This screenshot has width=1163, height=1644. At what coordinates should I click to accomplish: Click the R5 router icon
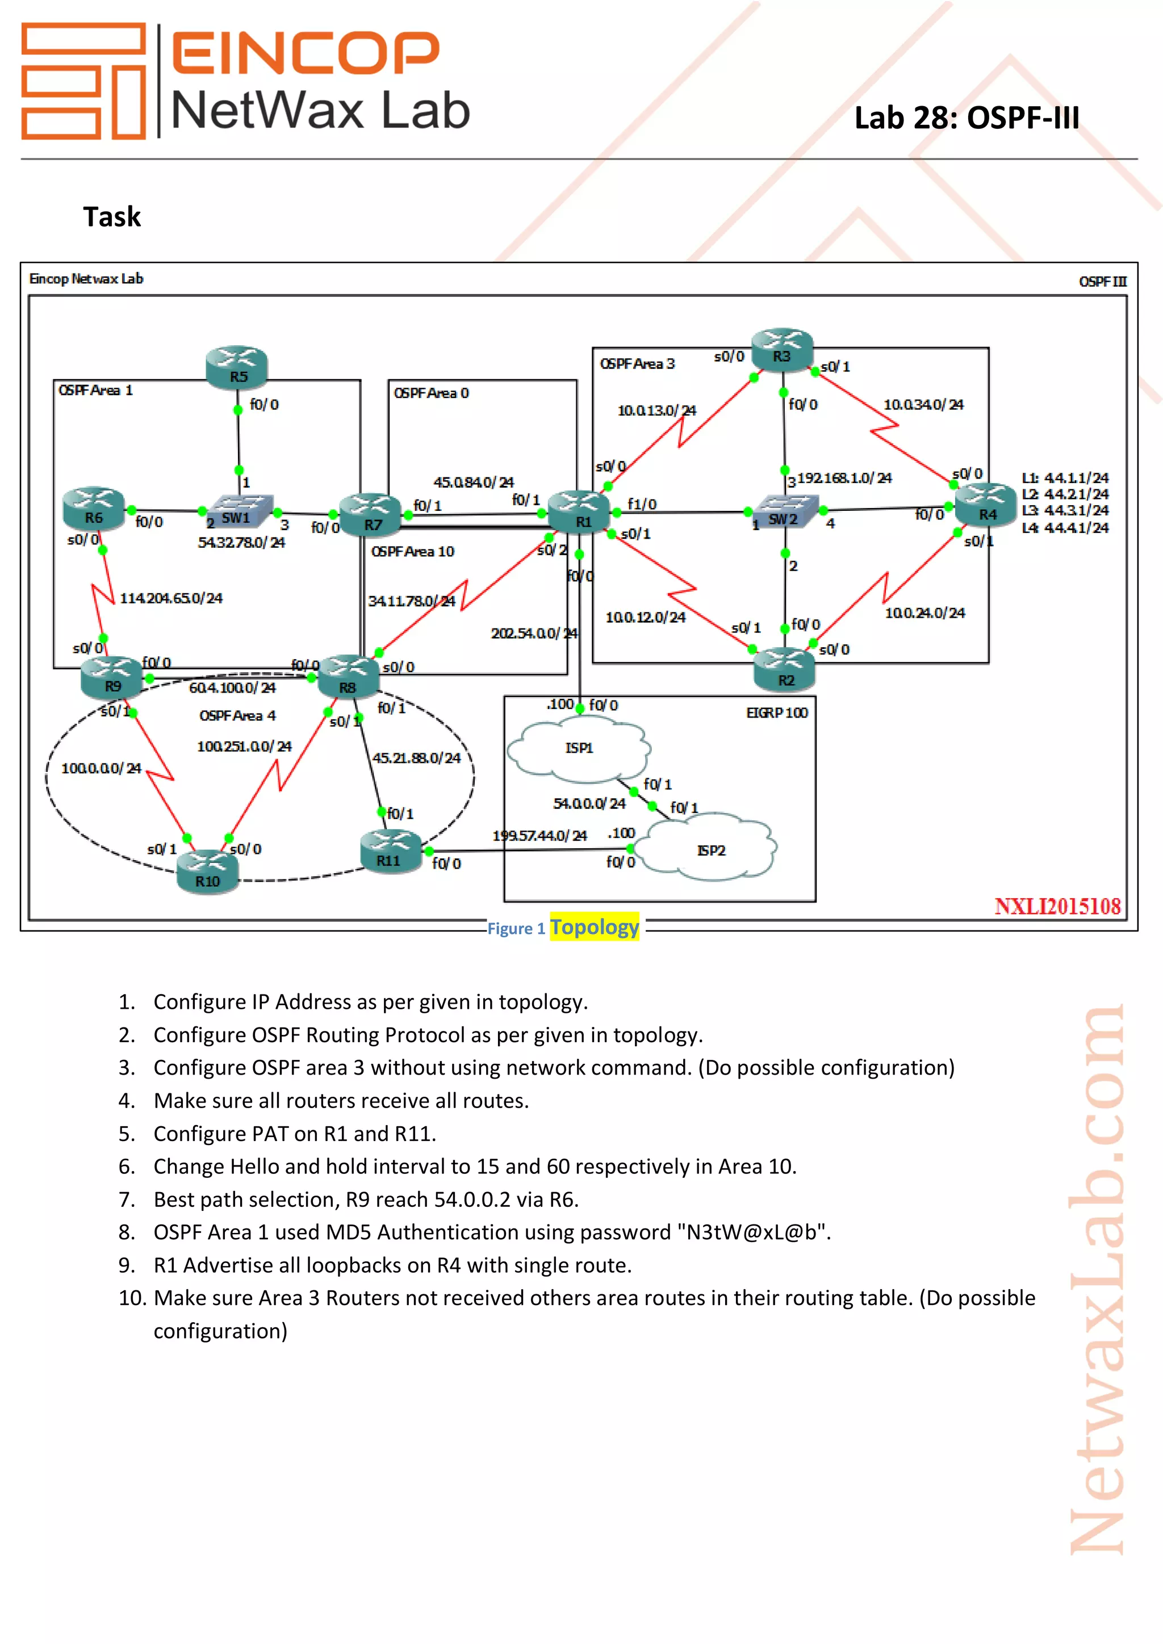coord(236,367)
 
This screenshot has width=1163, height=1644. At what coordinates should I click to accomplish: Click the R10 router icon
coord(208,871)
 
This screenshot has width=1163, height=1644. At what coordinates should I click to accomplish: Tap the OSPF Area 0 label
coord(431,393)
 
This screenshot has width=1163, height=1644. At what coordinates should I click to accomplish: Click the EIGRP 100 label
coord(776,712)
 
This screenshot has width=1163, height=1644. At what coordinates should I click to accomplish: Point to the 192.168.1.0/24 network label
coord(844,477)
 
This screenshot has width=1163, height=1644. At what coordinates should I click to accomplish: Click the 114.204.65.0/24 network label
coord(170,598)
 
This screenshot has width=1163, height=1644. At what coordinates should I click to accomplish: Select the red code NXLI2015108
coord(1057,906)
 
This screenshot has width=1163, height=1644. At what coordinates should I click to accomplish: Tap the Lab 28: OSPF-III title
coord(966,118)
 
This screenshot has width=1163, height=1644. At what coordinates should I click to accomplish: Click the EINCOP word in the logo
coord(306,53)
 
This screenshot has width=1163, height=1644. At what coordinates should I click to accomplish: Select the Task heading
coord(112,216)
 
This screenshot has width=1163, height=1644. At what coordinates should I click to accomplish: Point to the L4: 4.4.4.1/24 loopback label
coord(1064,528)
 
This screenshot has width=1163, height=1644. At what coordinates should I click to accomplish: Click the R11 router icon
coord(390,850)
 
